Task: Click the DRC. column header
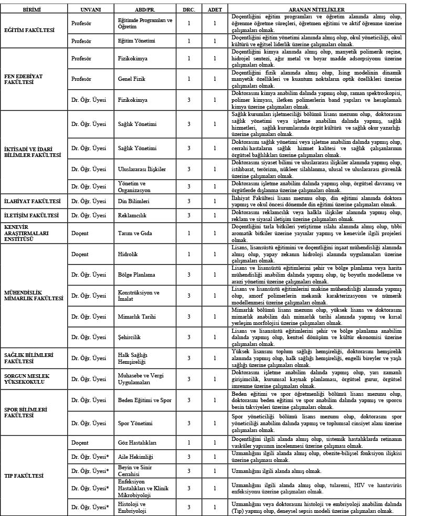(x=188, y=10)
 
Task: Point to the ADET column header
(x=214, y=10)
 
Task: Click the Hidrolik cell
(x=128, y=254)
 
